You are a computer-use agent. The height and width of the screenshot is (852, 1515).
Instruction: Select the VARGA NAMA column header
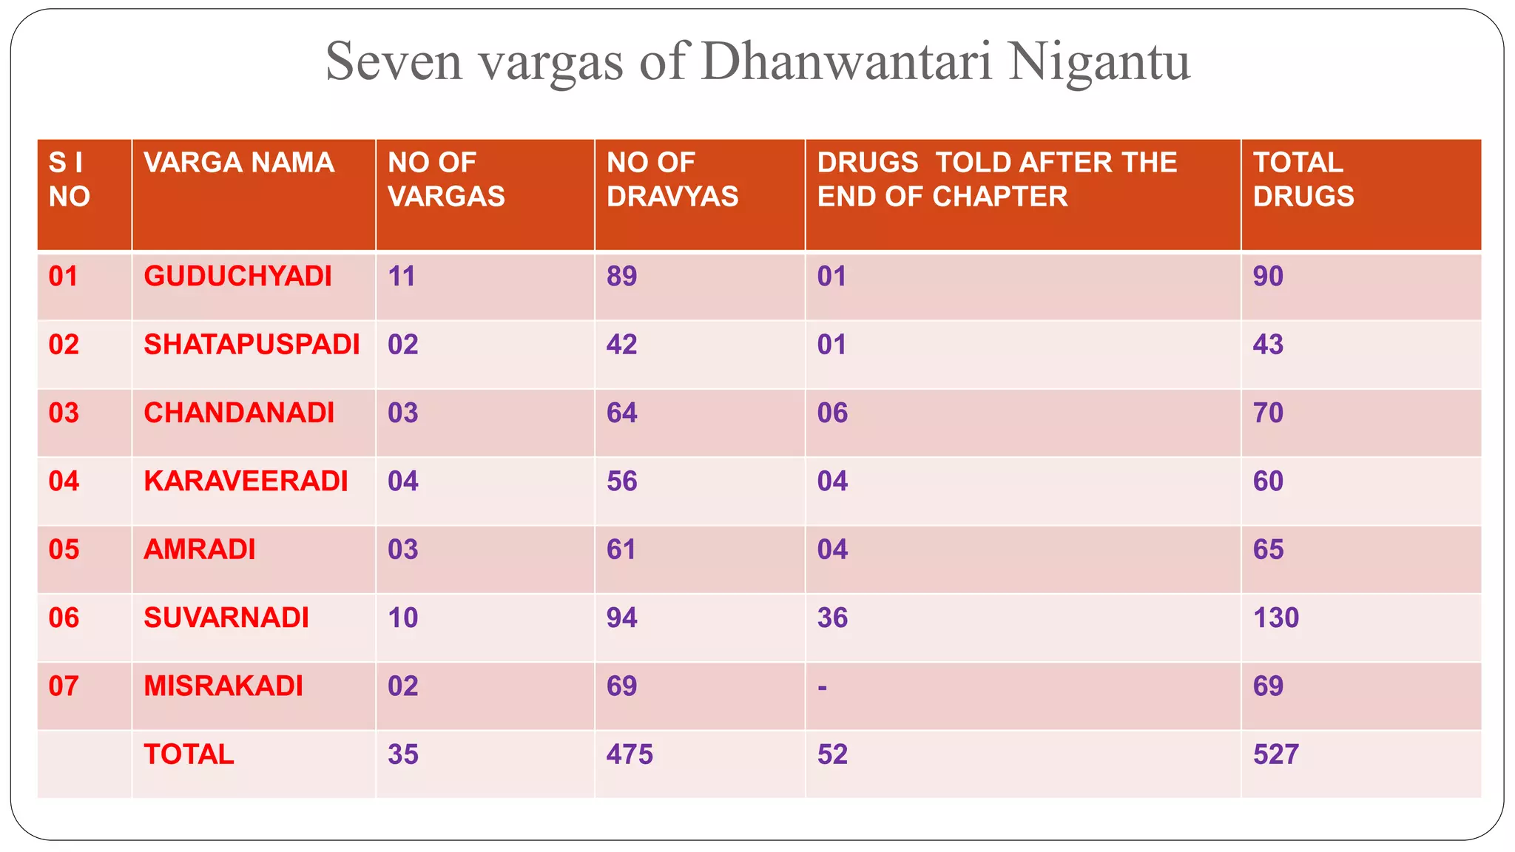click(239, 163)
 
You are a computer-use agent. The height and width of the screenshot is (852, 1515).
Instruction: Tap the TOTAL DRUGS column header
click(1303, 180)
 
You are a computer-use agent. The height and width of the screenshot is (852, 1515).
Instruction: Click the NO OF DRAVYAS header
click(672, 180)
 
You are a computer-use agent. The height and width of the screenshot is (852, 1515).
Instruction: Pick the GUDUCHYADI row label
click(237, 277)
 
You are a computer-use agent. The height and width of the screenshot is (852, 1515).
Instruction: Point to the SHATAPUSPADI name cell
click(252, 345)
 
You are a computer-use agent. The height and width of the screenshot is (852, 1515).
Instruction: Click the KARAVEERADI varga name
click(246, 481)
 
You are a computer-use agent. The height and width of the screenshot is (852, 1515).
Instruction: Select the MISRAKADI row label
click(223, 686)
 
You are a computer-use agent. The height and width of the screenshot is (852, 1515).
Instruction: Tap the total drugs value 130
click(1275, 618)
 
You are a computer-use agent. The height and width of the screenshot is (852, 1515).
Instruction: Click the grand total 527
click(1275, 755)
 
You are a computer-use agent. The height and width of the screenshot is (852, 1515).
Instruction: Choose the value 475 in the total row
click(630, 755)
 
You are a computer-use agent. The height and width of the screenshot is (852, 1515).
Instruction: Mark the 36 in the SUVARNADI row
click(832, 618)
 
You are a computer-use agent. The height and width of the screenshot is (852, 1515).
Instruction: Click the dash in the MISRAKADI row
click(822, 688)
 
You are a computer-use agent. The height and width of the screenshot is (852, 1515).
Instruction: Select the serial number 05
click(64, 550)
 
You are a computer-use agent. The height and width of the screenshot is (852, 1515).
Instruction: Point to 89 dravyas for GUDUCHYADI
click(621, 277)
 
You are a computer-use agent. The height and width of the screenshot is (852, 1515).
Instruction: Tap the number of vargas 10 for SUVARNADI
click(402, 618)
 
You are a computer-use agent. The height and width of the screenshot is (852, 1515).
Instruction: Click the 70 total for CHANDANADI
click(1268, 413)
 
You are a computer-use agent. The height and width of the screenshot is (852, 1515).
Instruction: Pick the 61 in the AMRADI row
click(621, 550)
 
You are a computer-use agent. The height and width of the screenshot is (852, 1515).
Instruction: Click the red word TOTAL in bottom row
click(189, 755)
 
